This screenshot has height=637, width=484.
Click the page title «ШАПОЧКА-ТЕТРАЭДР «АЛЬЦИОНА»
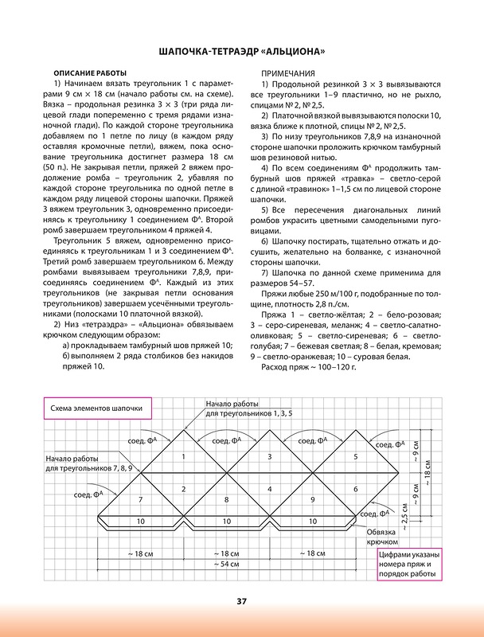242,53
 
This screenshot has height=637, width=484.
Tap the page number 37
242,600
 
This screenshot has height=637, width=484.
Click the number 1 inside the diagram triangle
183,456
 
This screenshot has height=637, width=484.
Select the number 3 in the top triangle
270,456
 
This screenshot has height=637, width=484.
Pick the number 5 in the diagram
356,456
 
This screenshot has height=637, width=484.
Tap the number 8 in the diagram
226,499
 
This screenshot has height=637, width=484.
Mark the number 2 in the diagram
183,488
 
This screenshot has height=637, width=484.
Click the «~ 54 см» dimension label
226,564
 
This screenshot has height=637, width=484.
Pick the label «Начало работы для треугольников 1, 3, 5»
244,408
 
